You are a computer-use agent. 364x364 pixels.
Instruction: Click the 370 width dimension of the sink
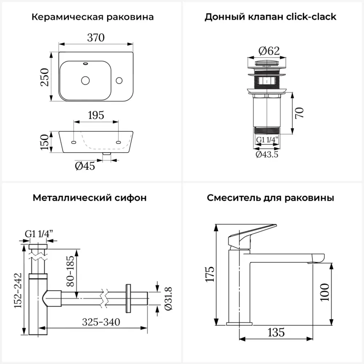[x=95, y=37]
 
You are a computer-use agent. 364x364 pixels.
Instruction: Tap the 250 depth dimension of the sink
[x=44, y=77]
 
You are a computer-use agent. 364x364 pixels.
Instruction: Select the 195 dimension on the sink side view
[x=96, y=115]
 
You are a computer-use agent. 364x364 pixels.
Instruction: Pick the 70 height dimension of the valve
[x=299, y=113]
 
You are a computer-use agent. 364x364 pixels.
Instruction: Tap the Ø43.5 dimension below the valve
[x=267, y=154]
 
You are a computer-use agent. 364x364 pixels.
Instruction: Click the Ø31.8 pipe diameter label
[x=168, y=298]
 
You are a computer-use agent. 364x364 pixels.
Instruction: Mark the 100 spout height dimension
[x=325, y=292]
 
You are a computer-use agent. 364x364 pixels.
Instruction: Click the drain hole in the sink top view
[x=86, y=80]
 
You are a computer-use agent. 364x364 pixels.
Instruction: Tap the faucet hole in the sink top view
[x=119, y=80]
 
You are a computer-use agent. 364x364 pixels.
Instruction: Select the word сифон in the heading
[x=132, y=198]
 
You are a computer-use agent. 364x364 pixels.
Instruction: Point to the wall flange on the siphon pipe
[x=128, y=298]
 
